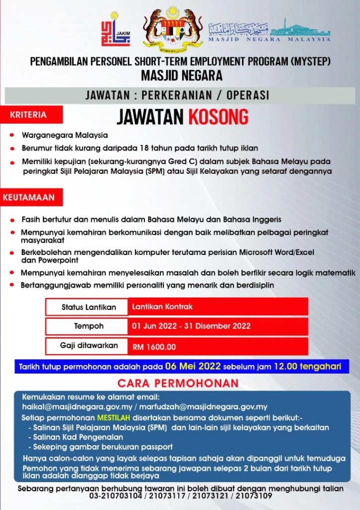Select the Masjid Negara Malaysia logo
(269, 31)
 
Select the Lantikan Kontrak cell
(217, 307)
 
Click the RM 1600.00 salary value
(154, 346)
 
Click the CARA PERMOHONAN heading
(178, 383)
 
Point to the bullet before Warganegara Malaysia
(12, 135)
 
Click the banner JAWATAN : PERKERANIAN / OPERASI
(178, 95)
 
